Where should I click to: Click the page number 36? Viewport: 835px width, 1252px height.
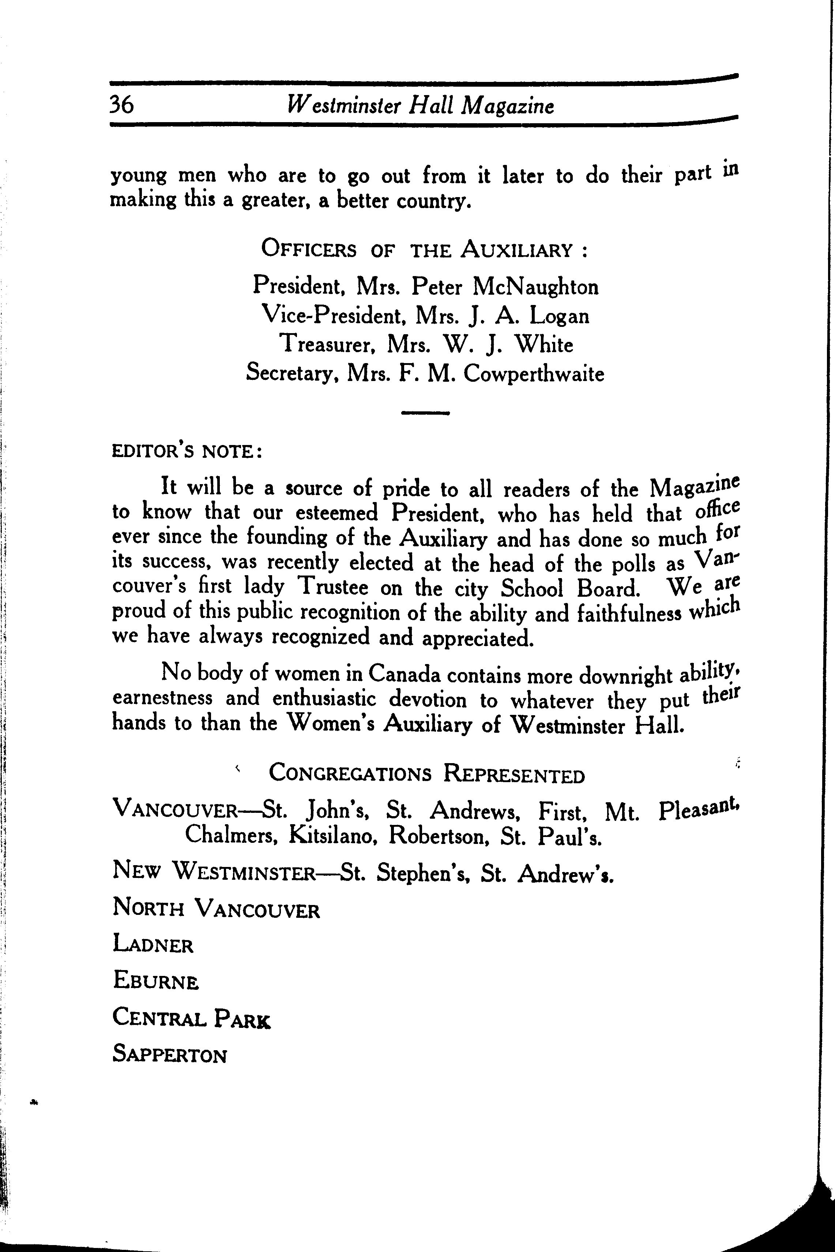point(122,105)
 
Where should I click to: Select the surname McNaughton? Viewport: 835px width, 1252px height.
point(535,287)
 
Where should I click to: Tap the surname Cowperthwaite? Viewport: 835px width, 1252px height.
point(534,373)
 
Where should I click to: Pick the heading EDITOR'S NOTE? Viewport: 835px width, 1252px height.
point(187,452)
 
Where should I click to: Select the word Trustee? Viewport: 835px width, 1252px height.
point(333,587)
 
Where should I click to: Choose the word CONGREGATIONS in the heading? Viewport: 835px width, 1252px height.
point(350,773)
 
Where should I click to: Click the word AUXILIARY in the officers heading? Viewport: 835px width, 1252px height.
point(516,250)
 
